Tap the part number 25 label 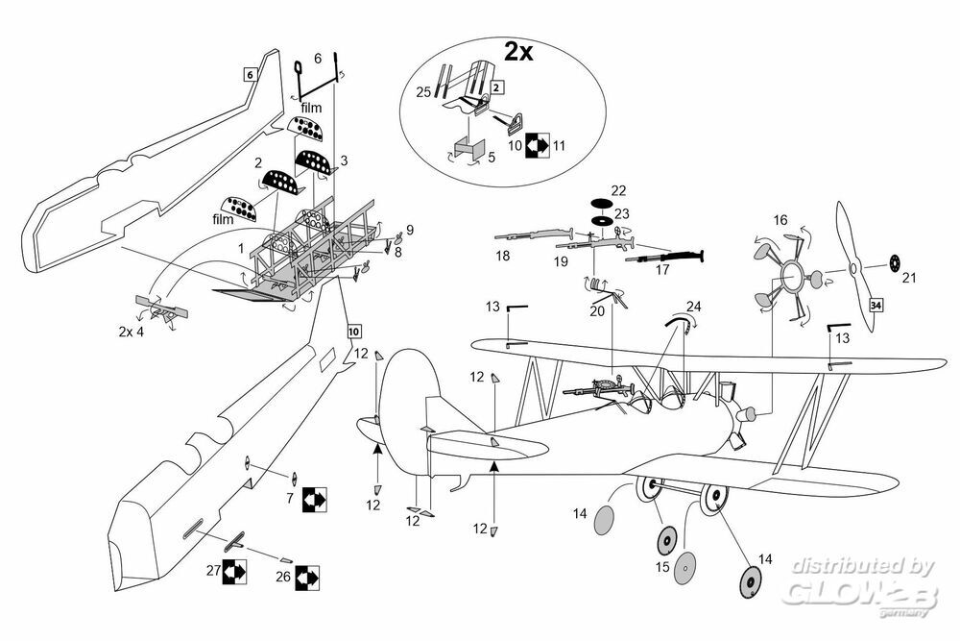point(423,92)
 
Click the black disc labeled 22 point(600,203)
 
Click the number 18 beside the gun point(503,257)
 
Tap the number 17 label point(661,270)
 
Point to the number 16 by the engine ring point(780,221)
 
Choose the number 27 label point(213,571)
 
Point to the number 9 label point(409,230)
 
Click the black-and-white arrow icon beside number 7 point(313,499)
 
